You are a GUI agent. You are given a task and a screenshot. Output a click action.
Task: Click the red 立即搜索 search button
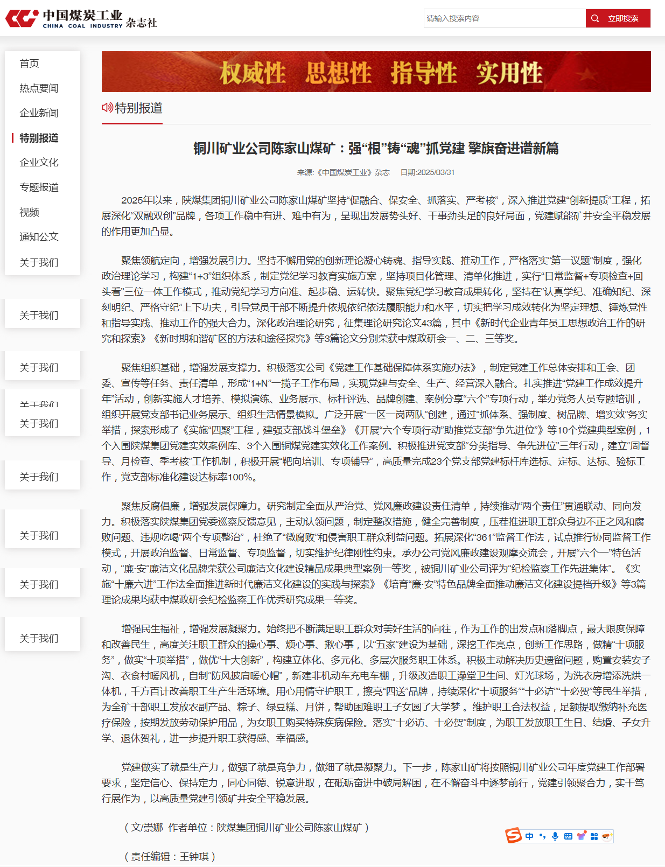point(618,18)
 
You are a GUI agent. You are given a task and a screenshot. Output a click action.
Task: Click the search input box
point(504,18)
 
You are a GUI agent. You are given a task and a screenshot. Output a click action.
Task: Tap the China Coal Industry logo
point(81,19)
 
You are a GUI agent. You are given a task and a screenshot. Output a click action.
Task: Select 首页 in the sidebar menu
point(29,64)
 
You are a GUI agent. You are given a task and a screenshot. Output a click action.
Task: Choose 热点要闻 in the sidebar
point(39,88)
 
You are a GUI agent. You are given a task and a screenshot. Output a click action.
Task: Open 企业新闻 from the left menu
point(39,113)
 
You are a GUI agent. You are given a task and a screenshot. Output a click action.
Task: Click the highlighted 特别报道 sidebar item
point(39,138)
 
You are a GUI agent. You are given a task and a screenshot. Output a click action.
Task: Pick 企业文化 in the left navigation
point(39,163)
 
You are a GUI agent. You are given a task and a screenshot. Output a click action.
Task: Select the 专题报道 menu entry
point(39,187)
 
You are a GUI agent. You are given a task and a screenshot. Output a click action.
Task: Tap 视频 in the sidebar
point(29,212)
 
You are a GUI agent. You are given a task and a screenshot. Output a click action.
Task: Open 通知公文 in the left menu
point(39,237)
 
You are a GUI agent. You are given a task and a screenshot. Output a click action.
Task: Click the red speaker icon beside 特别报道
point(107,108)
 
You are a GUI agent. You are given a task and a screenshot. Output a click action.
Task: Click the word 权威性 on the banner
point(252,73)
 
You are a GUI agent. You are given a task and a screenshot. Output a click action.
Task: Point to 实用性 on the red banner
point(509,73)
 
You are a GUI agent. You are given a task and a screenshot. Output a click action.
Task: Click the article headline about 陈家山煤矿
point(376,148)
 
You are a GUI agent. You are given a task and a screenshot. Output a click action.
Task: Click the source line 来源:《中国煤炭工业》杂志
point(343,172)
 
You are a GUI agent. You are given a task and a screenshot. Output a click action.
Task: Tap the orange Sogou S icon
point(513,835)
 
